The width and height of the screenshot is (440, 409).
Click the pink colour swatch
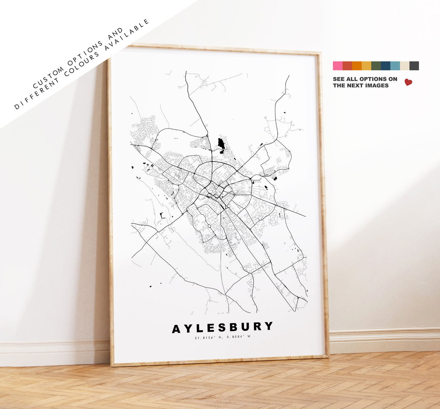coord(337,66)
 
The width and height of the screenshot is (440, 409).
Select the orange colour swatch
coord(357,66)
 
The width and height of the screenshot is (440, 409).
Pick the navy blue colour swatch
coord(385,66)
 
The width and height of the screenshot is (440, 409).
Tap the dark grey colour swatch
coord(414,66)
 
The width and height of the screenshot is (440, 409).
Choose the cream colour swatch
coord(405,66)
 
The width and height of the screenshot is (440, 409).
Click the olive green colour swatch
coord(376,66)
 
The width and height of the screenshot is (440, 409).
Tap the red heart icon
coord(408,82)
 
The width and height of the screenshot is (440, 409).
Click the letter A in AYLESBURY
coord(177,329)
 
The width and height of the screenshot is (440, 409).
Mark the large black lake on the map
coord(221,143)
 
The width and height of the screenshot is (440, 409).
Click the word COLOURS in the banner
coord(82,65)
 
